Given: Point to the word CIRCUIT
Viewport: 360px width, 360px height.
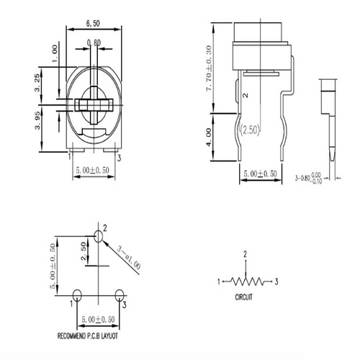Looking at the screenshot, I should tap(245, 296).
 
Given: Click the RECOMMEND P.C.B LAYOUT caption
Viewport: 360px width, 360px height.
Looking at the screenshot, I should tap(98, 336).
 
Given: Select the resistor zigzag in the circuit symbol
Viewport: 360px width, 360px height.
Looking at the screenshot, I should tap(245, 281).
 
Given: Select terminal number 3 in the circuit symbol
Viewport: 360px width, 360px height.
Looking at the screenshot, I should tap(276, 281).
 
